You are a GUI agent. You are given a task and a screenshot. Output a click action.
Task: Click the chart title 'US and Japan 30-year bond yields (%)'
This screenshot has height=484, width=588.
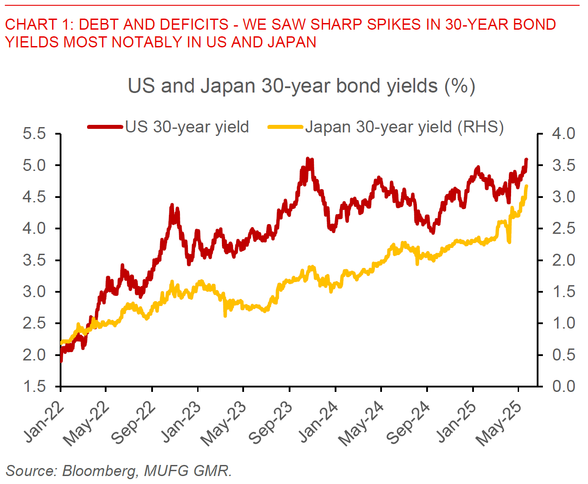coord(301,86)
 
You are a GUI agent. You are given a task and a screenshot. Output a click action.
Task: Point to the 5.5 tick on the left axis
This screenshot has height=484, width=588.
coord(34,134)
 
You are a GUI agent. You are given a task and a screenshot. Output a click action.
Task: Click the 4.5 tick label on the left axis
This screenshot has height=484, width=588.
coord(34,197)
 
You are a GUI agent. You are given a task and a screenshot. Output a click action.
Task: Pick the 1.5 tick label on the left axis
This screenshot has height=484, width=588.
coord(34,387)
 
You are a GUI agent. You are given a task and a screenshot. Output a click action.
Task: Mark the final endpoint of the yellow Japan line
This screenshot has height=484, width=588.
coord(526,186)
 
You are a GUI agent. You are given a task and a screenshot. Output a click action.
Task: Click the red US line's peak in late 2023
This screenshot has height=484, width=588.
coord(308,159)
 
